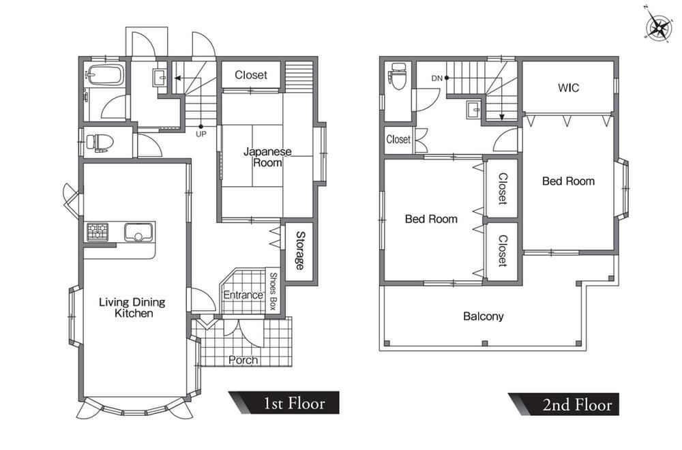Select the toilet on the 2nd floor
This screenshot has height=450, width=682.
click(x=398, y=76)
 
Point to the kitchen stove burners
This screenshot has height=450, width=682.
click(x=98, y=232)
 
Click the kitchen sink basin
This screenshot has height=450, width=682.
click(x=138, y=232)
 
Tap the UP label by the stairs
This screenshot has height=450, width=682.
click(x=201, y=134)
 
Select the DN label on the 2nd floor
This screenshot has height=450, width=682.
click(x=436, y=78)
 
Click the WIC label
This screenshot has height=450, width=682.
click(x=569, y=88)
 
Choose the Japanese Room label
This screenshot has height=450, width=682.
click(x=267, y=157)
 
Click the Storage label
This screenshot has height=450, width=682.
click(x=301, y=250)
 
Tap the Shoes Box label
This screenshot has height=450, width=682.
click(x=273, y=291)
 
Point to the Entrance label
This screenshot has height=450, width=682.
click(x=243, y=295)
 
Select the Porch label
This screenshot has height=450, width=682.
click(x=243, y=360)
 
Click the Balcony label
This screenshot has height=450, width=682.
click(x=484, y=316)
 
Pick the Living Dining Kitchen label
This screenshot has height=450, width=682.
click(x=133, y=307)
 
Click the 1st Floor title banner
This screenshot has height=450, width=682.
click(x=284, y=403)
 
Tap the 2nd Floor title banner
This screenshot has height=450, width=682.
click(x=564, y=404)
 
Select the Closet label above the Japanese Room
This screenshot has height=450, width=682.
click(x=251, y=75)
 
